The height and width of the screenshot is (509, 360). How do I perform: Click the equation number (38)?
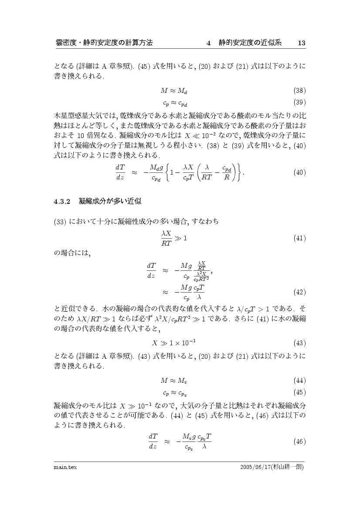[x=299, y=91]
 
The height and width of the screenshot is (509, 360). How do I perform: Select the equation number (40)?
[x=299, y=172]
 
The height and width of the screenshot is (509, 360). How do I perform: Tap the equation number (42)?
[x=299, y=291]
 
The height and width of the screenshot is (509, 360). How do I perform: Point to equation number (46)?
[x=299, y=442]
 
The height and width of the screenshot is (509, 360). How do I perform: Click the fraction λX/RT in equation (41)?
[x=167, y=238]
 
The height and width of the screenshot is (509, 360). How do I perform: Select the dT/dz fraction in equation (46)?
[x=153, y=441]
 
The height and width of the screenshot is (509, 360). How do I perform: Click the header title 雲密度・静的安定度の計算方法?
[x=104, y=43]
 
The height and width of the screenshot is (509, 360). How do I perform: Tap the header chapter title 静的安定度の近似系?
[x=250, y=43]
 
